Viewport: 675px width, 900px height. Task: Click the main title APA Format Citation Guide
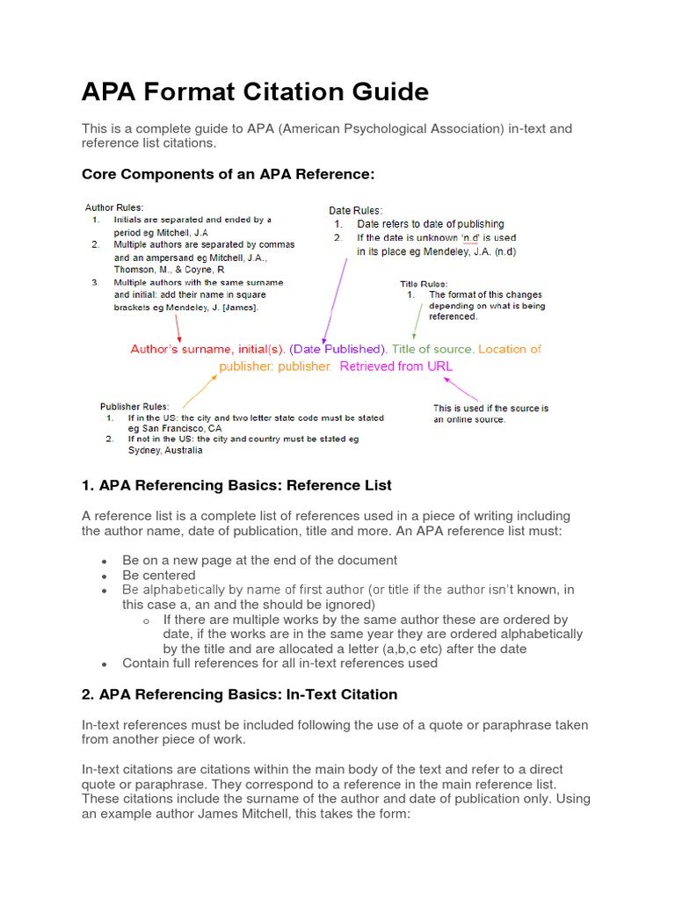coord(255,91)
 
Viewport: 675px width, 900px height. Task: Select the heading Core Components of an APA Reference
coord(228,174)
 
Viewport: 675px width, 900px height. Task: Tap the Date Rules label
coord(355,211)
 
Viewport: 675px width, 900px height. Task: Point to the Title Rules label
coord(424,284)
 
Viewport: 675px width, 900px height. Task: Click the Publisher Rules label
coord(134,406)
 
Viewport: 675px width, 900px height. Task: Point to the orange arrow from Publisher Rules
coord(202,388)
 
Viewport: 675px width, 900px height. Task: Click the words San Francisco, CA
coord(174,428)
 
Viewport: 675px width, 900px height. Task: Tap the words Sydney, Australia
coord(164,450)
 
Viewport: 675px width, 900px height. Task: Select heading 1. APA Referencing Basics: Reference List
coord(236,485)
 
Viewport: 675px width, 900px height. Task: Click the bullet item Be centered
coord(158,575)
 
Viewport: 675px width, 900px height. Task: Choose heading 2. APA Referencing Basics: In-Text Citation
coord(239,694)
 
